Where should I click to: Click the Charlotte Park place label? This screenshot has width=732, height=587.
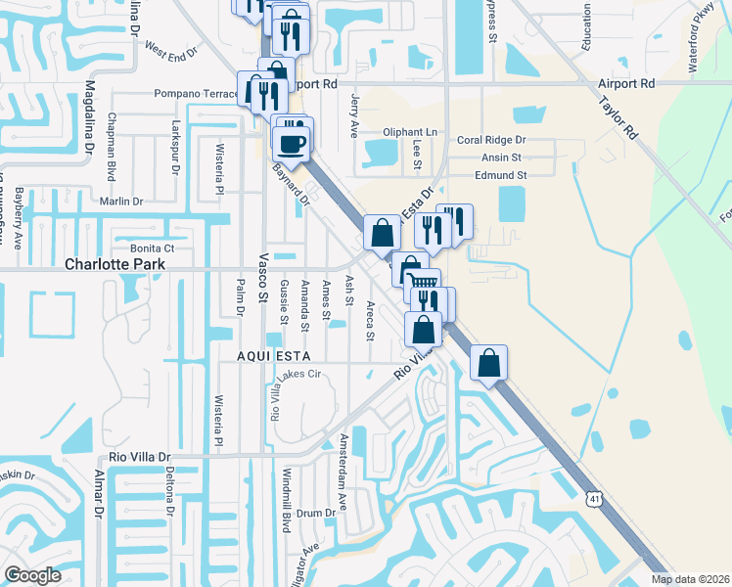(113, 264)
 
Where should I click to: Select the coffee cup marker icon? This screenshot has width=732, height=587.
(292, 145)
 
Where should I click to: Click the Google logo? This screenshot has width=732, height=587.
(32, 575)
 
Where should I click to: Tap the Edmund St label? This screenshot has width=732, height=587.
(501, 175)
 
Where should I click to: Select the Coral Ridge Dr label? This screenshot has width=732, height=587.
(490, 140)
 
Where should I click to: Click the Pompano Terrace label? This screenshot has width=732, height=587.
(196, 94)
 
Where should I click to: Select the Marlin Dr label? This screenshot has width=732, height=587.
(122, 202)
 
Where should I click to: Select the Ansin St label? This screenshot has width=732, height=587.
(501, 157)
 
